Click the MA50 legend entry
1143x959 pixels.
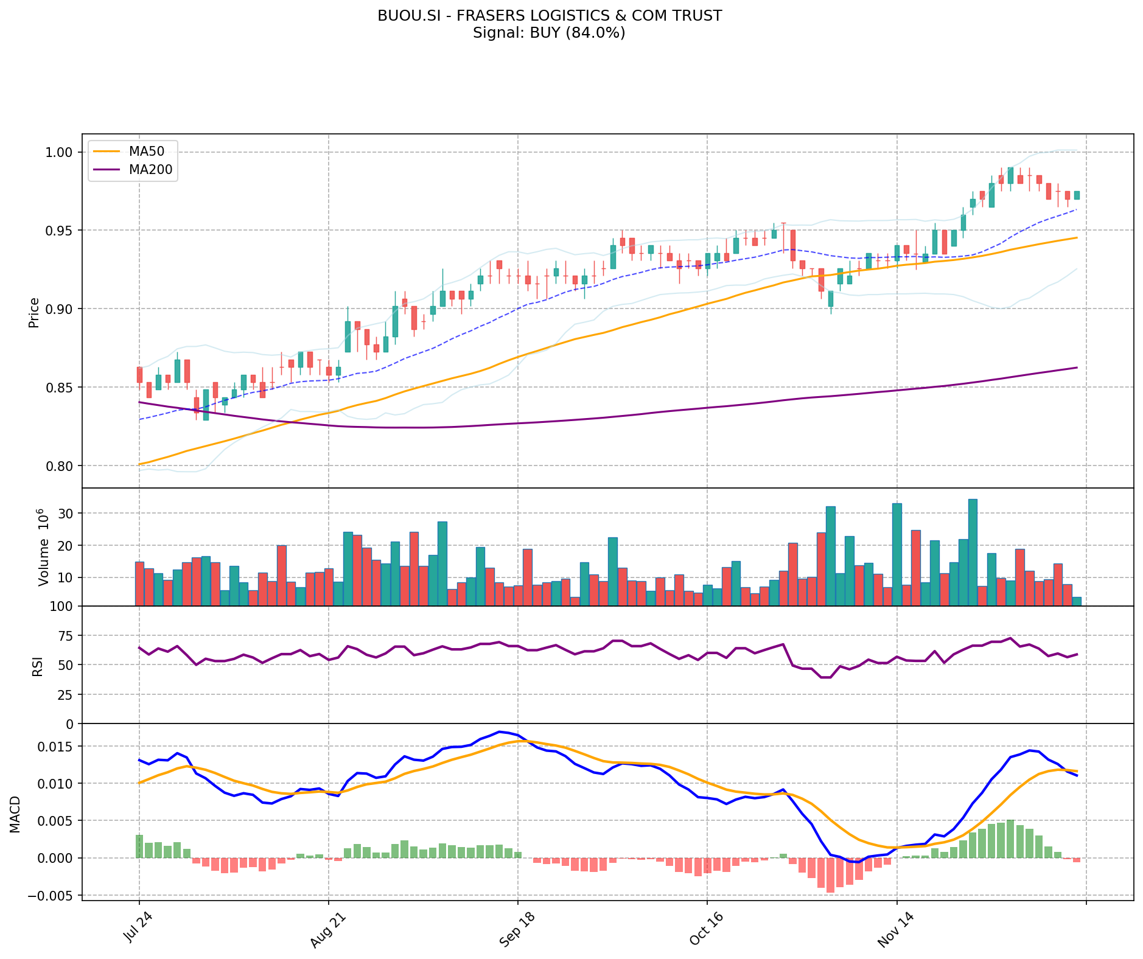(x=146, y=152)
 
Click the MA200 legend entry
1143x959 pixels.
(x=150, y=170)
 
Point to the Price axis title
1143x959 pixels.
(x=34, y=312)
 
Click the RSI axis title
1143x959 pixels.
(x=38, y=666)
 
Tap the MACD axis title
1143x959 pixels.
(x=15, y=814)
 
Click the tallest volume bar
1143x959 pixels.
(x=973, y=553)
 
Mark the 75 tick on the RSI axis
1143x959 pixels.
(x=65, y=636)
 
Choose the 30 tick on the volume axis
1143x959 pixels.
(x=66, y=514)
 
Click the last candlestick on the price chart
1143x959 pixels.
(x=1077, y=195)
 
